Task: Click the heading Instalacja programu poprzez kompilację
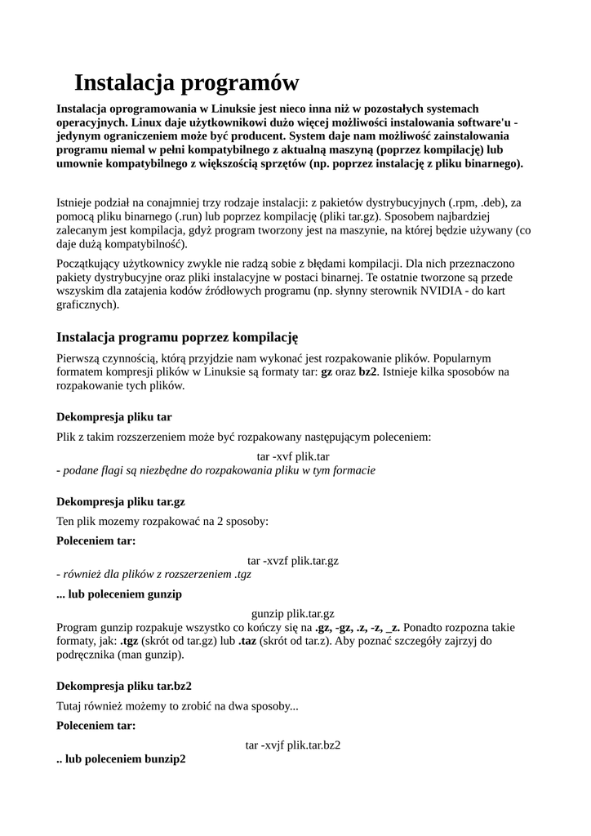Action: coord(177,336)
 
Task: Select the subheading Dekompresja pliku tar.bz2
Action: coord(124,686)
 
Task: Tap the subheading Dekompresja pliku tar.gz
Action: coord(121,501)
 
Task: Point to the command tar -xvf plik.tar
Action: coord(293,456)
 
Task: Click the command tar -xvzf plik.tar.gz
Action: coord(293,561)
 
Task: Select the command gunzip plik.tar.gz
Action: coord(293,614)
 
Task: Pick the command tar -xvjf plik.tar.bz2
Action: coord(293,745)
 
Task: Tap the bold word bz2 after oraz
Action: coord(368,371)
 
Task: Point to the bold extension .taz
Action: coord(248,641)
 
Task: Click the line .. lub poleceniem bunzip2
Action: coord(121,758)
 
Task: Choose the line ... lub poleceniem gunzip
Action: coord(119,594)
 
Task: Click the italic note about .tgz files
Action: coord(153,574)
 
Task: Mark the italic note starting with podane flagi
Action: coord(216,470)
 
